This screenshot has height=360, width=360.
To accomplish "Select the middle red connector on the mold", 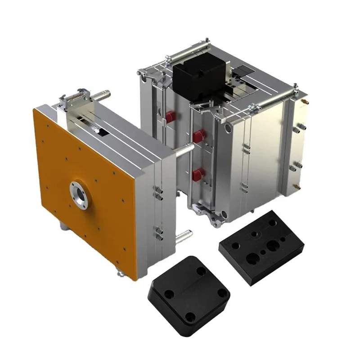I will click(x=197, y=135).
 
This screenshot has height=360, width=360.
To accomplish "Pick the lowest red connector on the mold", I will click(x=197, y=175).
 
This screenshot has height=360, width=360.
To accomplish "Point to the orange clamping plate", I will click(x=85, y=189).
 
